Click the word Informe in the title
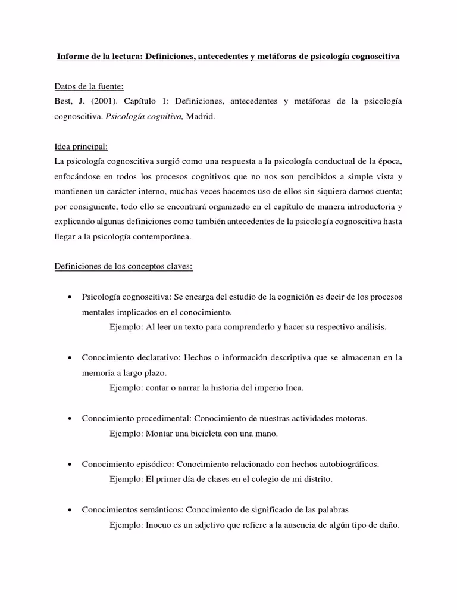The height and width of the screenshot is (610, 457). point(72,57)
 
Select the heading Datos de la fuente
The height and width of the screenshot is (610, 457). point(89,86)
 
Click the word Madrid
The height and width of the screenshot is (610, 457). point(200,117)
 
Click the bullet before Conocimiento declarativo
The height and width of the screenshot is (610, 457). point(70,358)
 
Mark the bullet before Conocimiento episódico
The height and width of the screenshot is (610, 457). point(70,464)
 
